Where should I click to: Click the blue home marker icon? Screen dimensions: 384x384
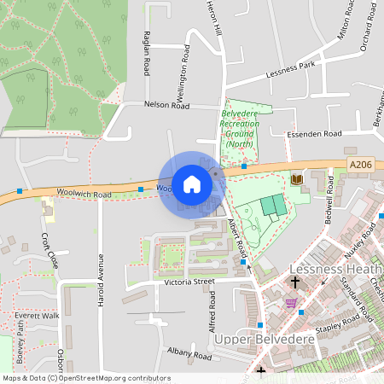(x=192, y=184)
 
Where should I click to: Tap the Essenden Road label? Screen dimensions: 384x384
(x=314, y=134)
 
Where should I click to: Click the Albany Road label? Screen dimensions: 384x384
(x=189, y=354)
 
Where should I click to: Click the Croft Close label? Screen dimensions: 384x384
(x=49, y=250)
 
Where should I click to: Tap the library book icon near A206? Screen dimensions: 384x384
(x=297, y=179)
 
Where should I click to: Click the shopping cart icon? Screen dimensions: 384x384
(x=292, y=303)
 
